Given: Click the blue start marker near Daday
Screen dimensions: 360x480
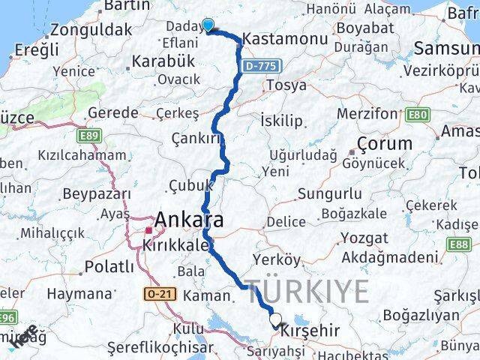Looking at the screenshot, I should click(208, 25).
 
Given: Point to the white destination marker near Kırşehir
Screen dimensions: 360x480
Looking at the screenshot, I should click(276, 320).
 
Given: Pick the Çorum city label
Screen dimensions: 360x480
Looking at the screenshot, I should click(384, 143).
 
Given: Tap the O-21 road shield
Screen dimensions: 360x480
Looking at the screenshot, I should click(160, 294).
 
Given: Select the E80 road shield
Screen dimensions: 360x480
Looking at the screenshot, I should click(418, 115).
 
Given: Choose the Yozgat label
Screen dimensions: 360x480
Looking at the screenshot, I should click(363, 238).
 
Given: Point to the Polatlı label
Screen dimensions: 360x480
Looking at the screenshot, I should click(109, 267).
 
